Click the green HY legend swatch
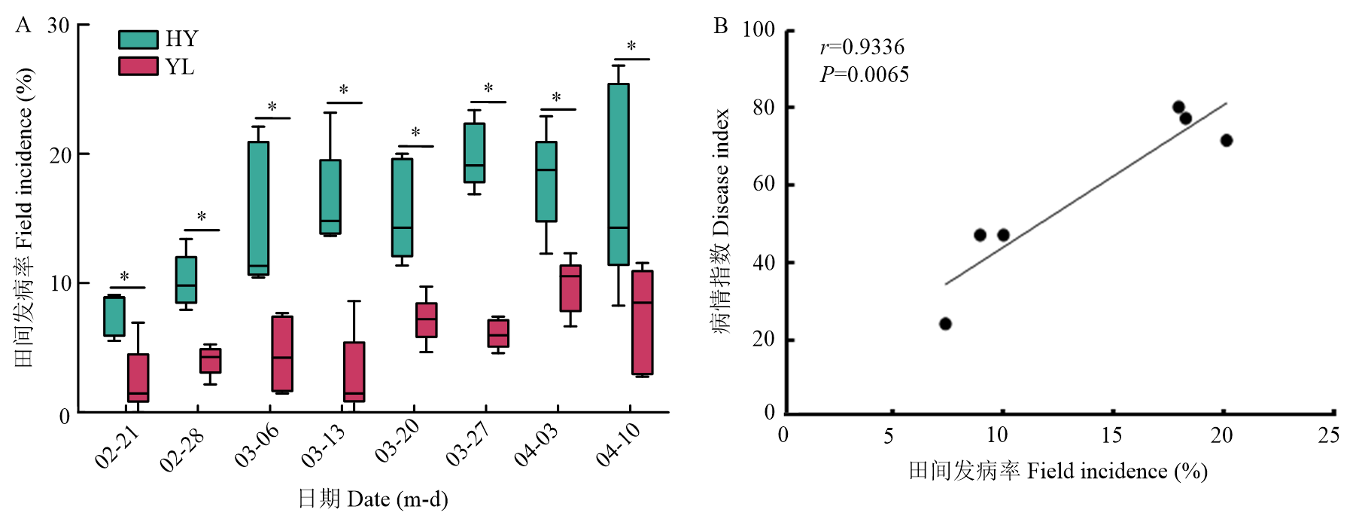(x=138, y=39)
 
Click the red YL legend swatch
(x=138, y=66)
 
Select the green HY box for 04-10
(x=619, y=174)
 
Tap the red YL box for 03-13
(x=354, y=371)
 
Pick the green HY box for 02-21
(x=114, y=316)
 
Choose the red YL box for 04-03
(x=570, y=288)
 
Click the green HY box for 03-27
(x=474, y=153)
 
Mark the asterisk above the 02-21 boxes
(x=125, y=277)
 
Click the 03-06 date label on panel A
(x=257, y=445)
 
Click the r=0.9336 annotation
(x=862, y=47)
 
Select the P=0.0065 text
(x=864, y=75)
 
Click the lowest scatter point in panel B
(x=946, y=324)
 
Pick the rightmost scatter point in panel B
(x=1227, y=140)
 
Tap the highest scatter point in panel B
(x=1178, y=107)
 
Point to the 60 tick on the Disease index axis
(x=764, y=185)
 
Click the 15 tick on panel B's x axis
(x=1111, y=435)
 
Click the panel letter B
(x=721, y=26)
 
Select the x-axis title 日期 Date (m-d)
(x=372, y=499)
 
